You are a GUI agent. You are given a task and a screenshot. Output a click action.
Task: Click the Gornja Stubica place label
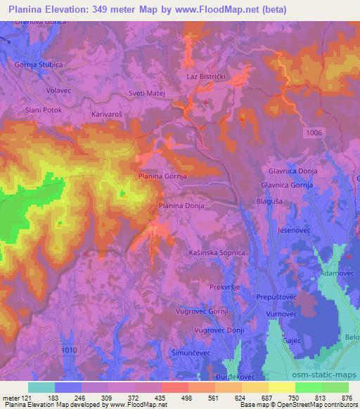click(x=34, y=65)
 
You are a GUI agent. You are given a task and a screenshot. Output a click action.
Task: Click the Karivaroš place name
click(x=108, y=112)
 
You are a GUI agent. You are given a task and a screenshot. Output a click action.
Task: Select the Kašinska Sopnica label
click(x=217, y=252)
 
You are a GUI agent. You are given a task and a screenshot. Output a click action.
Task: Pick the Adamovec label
click(x=333, y=271)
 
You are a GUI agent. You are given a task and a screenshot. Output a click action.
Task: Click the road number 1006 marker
click(x=315, y=132)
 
